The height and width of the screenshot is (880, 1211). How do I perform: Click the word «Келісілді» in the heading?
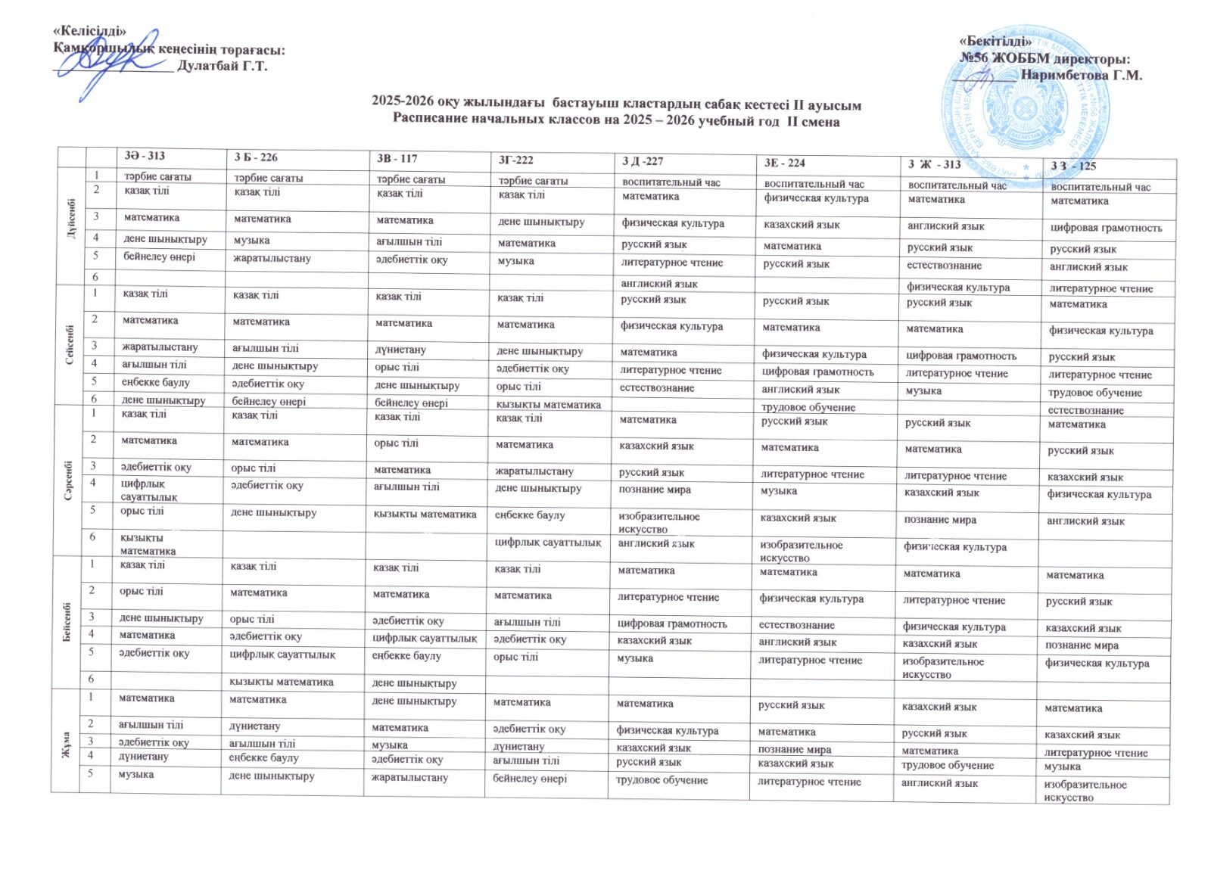tap(89, 31)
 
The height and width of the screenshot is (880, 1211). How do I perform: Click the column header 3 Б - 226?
tap(256, 157)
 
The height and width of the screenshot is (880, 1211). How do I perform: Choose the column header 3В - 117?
tap(397, 158)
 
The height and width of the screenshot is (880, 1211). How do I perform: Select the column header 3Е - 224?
tap(785, 163)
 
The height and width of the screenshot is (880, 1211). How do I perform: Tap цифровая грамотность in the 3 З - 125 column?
tap(1106, 228)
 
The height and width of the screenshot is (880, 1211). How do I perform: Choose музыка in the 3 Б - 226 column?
tap(253, 241)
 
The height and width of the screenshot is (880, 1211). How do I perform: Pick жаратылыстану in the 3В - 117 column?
tap(409, 777)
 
